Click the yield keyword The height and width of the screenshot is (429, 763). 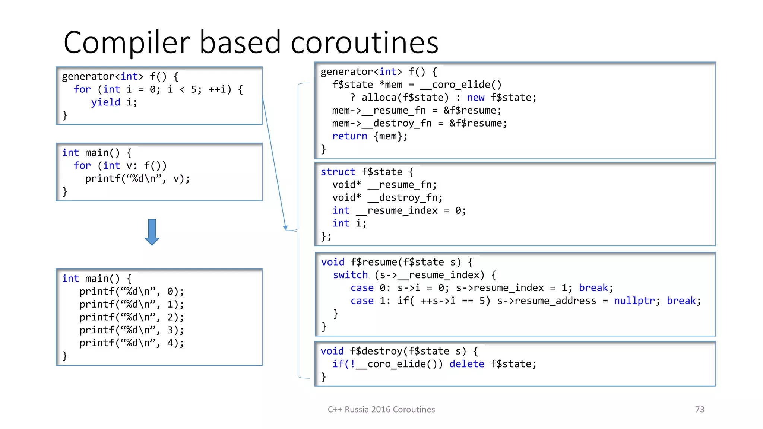[x=105, y=102]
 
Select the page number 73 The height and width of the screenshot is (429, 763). [x=700, y=409]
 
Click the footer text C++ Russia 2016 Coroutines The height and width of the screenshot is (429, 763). [x=381, y=409]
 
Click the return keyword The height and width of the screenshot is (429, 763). [x=349, y=136]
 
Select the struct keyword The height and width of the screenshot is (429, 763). [x=338, y=172]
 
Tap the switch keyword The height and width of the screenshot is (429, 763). [x=350, y=275]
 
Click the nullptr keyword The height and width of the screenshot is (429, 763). [x=634, y=301]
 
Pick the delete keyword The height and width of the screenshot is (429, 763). [x=466, y=364]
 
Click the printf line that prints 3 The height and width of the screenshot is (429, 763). [x=132, y=330]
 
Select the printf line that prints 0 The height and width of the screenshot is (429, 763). [x=132, y=291]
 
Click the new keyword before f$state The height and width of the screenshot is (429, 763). [x=476, y=98]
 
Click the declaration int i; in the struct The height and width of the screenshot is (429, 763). [x=349, y=223]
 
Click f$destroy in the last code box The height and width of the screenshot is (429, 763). [x=376, y=351]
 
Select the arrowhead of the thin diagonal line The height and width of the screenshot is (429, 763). [x=285, y=228]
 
